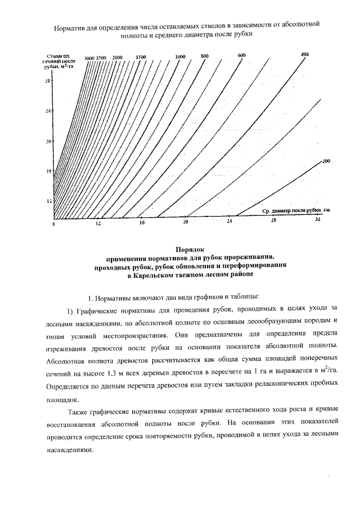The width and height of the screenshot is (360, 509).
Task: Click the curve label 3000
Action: [89, 58]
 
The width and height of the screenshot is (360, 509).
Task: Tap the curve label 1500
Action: [141, 57]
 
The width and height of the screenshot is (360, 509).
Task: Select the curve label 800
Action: [204, 56]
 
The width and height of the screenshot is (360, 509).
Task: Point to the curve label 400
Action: [305, 54]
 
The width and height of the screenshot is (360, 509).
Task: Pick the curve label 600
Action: [242, 55]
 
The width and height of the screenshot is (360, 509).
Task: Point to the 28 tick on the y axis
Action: [48, 80]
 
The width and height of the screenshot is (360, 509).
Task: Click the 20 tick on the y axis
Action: [48, 141]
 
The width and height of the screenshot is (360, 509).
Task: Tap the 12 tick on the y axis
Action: [48, 200]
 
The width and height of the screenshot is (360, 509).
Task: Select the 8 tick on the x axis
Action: [54, 224]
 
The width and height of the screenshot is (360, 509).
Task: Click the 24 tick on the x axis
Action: [229, 222]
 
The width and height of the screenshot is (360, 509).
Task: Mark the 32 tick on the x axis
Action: [317, 220]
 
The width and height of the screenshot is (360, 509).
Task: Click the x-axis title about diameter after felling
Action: [295, 210]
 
